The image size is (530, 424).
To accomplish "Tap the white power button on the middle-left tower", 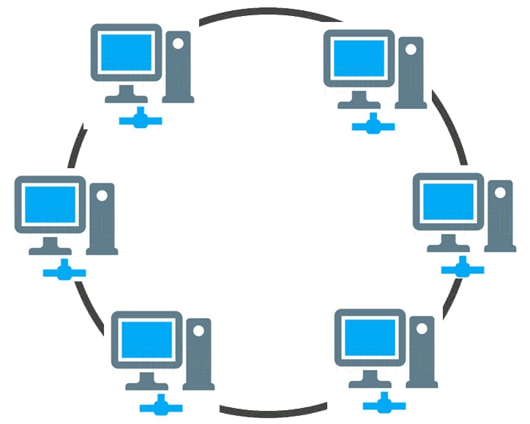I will pos(102,196).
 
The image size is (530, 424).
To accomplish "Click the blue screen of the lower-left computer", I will pos(146,338).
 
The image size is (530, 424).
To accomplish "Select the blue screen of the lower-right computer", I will pos(368,337).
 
